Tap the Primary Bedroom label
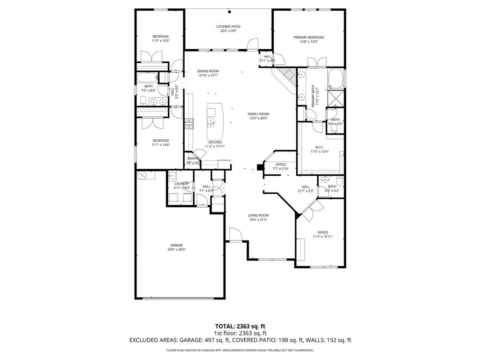308,37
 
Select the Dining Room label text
208,71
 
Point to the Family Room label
258,114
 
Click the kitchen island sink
211,123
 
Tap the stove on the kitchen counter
189,124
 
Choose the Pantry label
194,158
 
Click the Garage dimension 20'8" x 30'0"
177,250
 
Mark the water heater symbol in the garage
142,175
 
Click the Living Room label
258,216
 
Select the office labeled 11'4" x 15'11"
322,234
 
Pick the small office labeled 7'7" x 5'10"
281,166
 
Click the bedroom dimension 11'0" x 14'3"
160,41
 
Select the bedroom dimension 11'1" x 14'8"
160,145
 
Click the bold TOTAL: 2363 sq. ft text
240,326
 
